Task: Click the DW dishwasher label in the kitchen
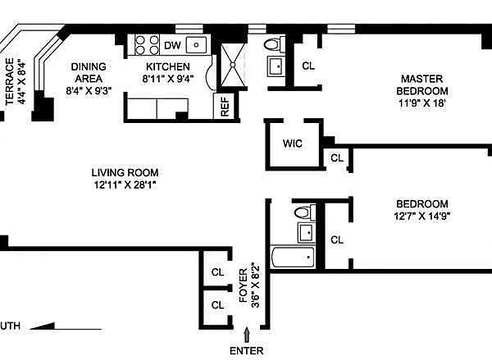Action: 172,45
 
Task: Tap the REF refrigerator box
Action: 225,106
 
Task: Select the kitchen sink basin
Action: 197,45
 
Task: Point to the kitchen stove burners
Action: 147,45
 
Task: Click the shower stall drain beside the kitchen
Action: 233,65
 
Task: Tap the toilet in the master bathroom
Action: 275,44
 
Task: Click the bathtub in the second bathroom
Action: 293,257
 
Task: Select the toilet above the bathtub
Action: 305,212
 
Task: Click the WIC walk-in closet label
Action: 293,144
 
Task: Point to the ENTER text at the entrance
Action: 246,351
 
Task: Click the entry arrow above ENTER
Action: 247,335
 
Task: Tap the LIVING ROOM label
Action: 125,173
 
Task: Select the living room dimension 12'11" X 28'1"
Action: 125,185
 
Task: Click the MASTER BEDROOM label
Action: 422,84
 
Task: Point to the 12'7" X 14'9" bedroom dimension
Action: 422,216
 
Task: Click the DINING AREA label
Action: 89,72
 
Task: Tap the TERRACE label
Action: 10,81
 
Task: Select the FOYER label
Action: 244,285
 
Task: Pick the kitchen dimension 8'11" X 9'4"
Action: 168,79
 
